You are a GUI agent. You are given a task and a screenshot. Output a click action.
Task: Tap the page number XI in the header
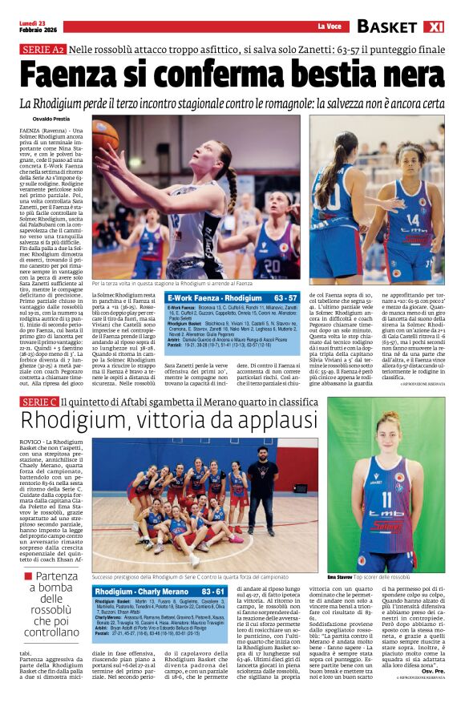click(448, 26)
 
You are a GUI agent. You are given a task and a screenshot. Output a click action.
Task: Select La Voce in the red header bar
click(328, 28)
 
